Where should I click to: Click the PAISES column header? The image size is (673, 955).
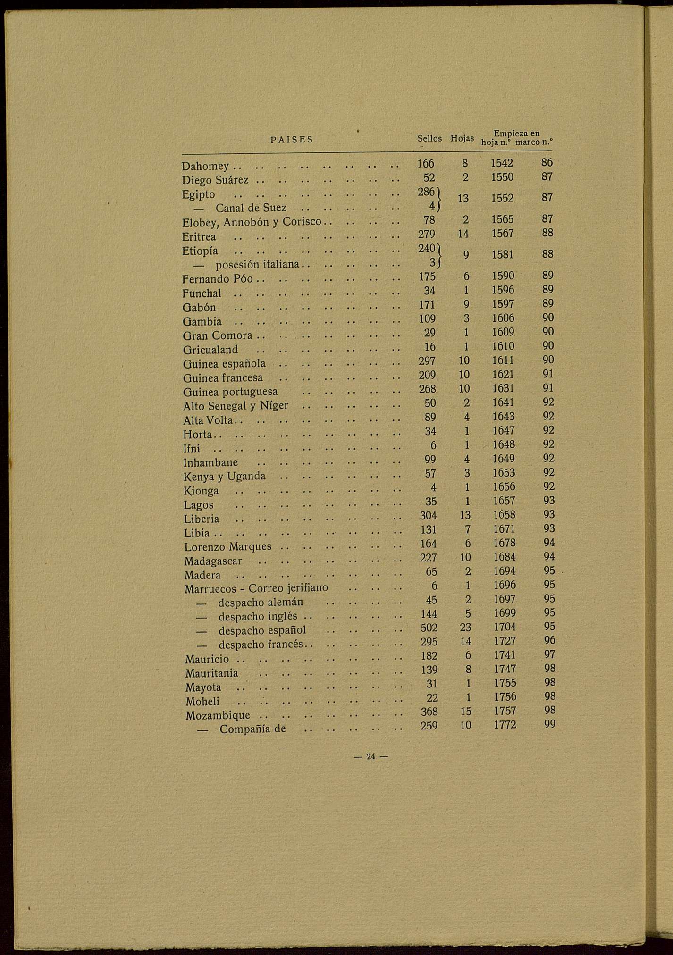coord(292,140)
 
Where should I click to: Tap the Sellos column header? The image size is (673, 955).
coord(429,139)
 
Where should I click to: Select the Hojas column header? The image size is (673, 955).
coord(462,139)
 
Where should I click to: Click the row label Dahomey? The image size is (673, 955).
coord(205,167)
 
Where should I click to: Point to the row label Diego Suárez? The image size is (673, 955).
coord(215,180)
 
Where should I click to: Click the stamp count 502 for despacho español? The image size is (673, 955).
coord(429,628)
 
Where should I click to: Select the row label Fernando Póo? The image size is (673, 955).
coord(218,279)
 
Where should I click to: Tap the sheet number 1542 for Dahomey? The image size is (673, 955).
coord(502,163)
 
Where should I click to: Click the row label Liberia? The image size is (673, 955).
coord(202,519)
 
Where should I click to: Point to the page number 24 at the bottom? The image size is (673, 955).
coord(370,756)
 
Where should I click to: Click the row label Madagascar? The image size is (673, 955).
coord(213,561)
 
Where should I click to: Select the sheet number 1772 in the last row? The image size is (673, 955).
coord(505,725)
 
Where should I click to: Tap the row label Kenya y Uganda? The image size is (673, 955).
coord(225,477)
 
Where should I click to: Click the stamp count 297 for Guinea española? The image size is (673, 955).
coord(427,361)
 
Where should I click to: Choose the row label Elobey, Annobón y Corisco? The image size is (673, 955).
coord(252,221)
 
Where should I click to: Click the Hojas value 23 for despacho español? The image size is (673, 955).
coord(466,628)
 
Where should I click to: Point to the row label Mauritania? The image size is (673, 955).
coord(212,673)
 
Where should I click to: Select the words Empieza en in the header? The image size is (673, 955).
coord(516,134)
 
